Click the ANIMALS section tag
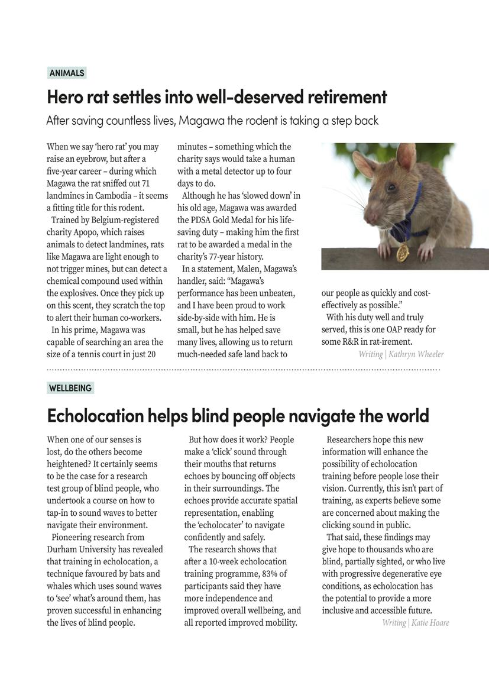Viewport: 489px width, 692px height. pos(67,73)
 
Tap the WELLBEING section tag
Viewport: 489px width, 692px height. pos(70,388)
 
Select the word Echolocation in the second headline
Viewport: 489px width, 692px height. pos(95,416)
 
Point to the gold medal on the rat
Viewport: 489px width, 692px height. pos(402,253)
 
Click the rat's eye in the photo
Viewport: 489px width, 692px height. pos(390,188)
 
